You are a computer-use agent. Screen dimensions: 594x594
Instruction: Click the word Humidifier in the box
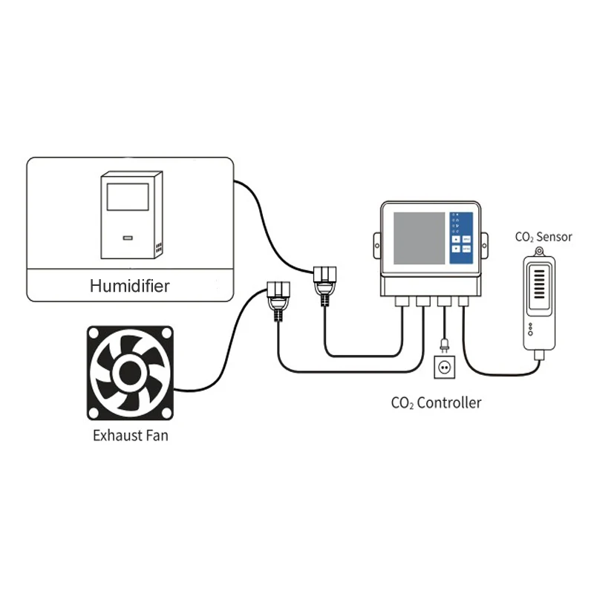click(x=129, y=284)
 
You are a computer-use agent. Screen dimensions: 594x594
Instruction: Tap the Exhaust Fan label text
click(x=130, y=435)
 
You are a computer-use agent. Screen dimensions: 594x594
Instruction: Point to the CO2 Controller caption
click(x=436, y=403)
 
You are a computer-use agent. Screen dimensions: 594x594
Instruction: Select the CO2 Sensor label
click(x=544, y=237)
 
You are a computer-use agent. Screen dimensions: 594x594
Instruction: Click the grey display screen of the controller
click(x=418, y=240)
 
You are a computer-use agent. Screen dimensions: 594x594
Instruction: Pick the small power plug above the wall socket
click(x=443, y=344)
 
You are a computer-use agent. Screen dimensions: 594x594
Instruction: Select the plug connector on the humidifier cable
click(x=324, y=282)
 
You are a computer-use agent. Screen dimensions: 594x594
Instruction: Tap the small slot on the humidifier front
click(x=128, y=239)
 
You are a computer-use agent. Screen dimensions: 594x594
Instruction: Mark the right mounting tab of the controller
click(x=486, y=241)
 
